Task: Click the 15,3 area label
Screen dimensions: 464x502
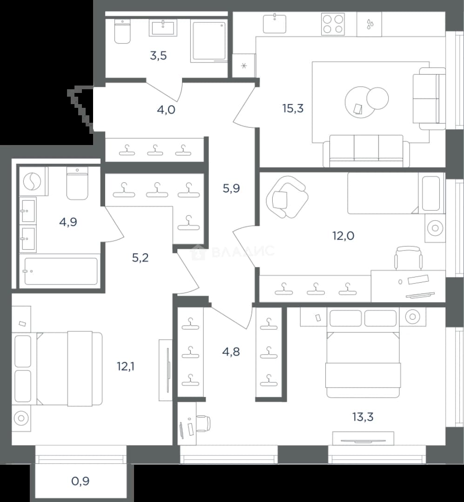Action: click(x=293, y=108)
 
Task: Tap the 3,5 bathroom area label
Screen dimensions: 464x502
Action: click(x=158, y=56)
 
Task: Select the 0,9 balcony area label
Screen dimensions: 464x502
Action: click(x=80, y=481)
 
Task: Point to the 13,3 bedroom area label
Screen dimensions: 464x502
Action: click(x=363, y=417)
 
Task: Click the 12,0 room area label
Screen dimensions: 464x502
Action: click(x=343, y=236)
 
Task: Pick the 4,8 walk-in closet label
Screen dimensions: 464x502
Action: click(x=231, y=352)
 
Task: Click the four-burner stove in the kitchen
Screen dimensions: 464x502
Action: click(x=333, y=24)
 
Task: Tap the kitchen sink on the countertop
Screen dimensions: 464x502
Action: click(x=275, y=23)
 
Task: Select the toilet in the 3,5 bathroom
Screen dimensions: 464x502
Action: click(x=122, y=31)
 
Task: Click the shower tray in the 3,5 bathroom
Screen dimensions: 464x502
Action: click(x=209, y=40)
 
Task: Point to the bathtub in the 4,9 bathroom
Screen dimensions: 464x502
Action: click(x=61, y=271)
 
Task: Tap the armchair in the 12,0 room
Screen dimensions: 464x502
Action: click(x=287, y=197)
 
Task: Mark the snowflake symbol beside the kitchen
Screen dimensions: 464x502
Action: click(x=244, y=66)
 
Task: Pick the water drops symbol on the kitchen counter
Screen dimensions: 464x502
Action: click(x=370, y=24)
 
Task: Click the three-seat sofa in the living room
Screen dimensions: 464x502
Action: click(x=366, y=151)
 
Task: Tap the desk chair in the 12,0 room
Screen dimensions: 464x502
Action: click(x=408, y=258)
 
